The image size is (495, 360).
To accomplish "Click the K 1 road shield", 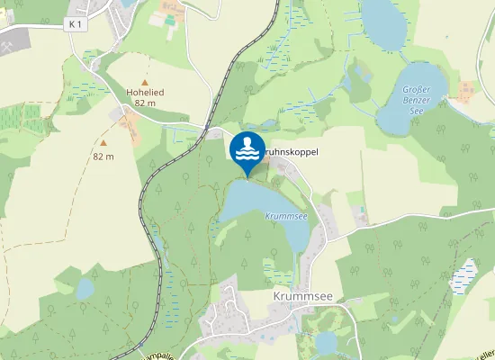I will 75,24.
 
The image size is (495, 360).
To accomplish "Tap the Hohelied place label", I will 144,92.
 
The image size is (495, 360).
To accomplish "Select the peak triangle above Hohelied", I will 144,81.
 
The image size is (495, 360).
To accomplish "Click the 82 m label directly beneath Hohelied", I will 144,103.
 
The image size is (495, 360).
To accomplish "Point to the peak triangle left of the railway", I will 103,142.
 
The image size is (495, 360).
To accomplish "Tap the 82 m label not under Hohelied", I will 103,157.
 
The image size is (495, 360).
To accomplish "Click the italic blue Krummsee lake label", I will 286,216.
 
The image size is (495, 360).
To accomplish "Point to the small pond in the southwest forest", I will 85,288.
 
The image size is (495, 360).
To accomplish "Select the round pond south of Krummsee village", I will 326,342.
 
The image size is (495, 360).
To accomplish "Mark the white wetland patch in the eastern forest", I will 464,274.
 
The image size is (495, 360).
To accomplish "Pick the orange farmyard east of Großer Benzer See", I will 467,90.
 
